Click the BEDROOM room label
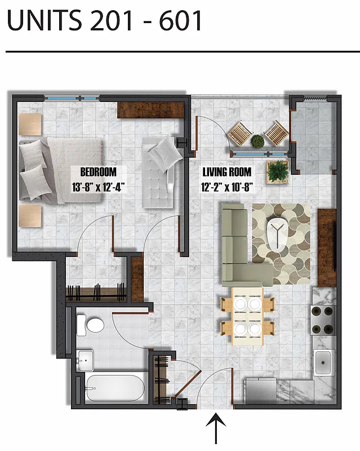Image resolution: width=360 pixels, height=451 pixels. click(x=98, y=172)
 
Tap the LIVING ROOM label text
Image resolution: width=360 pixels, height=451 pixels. click(x=226, y=172)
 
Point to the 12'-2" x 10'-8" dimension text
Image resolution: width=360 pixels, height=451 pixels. click(x=226, y=188)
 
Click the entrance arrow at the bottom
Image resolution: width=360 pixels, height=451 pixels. click(x=216, y=429)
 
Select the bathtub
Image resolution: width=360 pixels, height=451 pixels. click(x=115, y=388)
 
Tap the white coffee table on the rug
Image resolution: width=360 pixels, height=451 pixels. click(x=278, y=232)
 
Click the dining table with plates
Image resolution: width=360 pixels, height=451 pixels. click(x=247, y=316)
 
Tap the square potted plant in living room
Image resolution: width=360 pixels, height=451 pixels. click(x=277, y=171)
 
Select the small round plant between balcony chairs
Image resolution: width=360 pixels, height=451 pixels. click(x=257, y=140)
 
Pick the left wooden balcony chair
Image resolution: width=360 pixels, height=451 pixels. click(x=239, y=134)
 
